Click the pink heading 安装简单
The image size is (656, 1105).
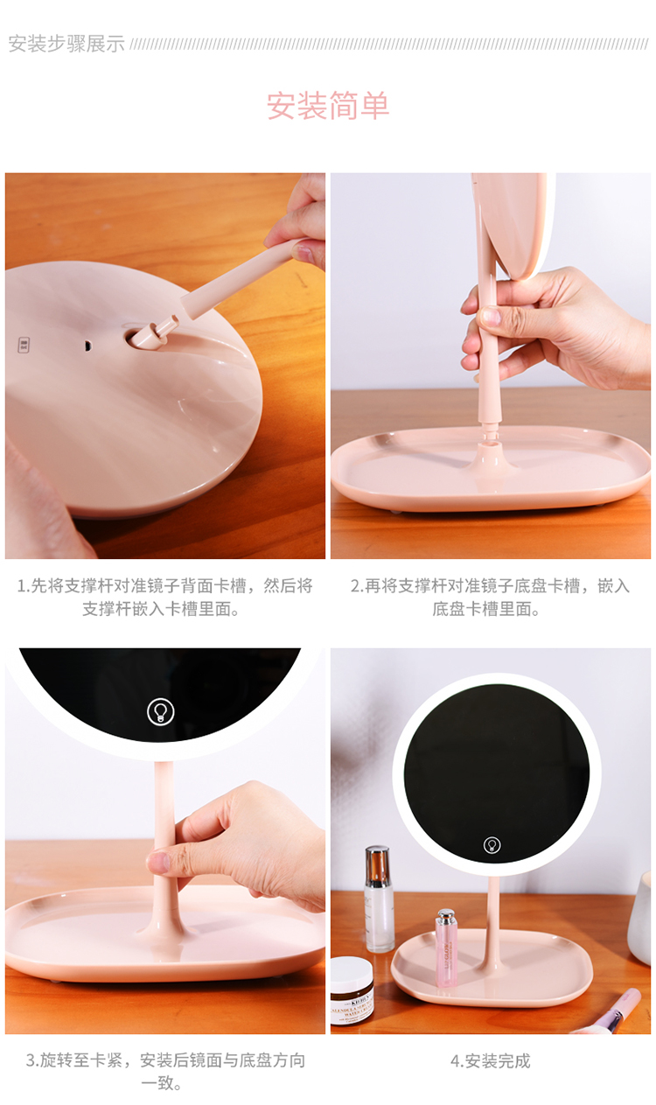[x=328, y=106]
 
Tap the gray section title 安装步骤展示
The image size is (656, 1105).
[x=66, y=44]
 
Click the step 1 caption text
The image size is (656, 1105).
[x=164, y=598]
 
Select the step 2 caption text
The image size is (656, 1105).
[x=491, y=598]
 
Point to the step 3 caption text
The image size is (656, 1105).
[x=165, y=1072]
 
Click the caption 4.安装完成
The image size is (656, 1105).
[x=491, y=1061]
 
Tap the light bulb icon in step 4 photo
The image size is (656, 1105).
[x=492, y=845]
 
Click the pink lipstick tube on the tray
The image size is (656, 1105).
[x=446, y=948]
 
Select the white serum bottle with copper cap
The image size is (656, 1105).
[x=379, y=899]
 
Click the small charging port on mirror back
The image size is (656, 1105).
[x=87, y=346]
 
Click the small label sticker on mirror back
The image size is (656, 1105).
[x=24, y=345]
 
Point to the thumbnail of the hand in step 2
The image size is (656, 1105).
[x=491, y=316]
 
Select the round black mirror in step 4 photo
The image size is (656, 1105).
[x=497, y=773]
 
